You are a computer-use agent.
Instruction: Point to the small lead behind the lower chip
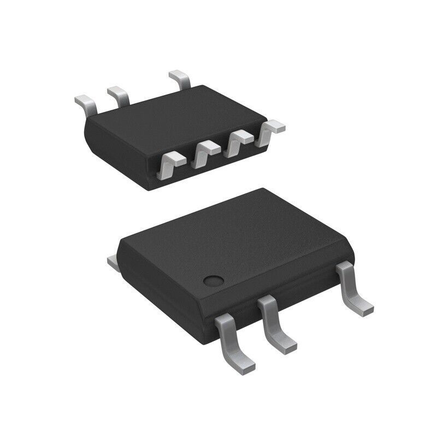coord(114,263)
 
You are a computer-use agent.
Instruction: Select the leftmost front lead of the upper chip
coord(170,164)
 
